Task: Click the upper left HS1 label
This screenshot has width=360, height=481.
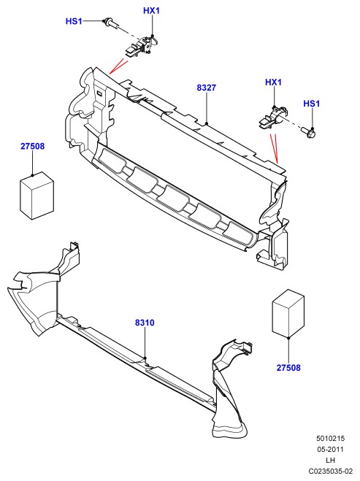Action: pos(74,21)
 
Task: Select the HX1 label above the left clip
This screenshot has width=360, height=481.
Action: pos(152,11)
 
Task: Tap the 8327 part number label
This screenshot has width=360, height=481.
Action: pos(207,88)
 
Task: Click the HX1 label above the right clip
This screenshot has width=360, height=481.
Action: pos(273,82)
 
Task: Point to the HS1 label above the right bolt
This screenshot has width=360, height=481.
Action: pos(312,104)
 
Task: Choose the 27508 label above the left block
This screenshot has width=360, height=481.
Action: pos(33,146)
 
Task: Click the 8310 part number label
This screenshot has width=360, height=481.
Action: pos(145,323)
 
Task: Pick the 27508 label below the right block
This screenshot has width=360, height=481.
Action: pos(288,367)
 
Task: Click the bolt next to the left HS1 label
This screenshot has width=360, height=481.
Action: pos(111,23)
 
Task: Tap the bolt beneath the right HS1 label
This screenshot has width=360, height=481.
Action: pos(309,133)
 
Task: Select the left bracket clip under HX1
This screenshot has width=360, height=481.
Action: pos(140,47)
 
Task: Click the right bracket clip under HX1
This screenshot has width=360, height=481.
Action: pos(272,118)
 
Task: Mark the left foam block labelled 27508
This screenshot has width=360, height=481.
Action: pos(37,196)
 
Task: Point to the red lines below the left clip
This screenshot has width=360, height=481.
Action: pos(118,66)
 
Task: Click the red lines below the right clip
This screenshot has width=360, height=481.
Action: pos(274,148)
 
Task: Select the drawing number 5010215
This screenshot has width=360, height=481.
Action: pos(331,439)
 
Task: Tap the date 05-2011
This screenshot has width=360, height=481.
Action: pos(331,450)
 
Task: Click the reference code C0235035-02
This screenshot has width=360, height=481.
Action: pos(331,471)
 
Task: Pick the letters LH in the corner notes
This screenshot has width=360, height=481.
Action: pos(331,460)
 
